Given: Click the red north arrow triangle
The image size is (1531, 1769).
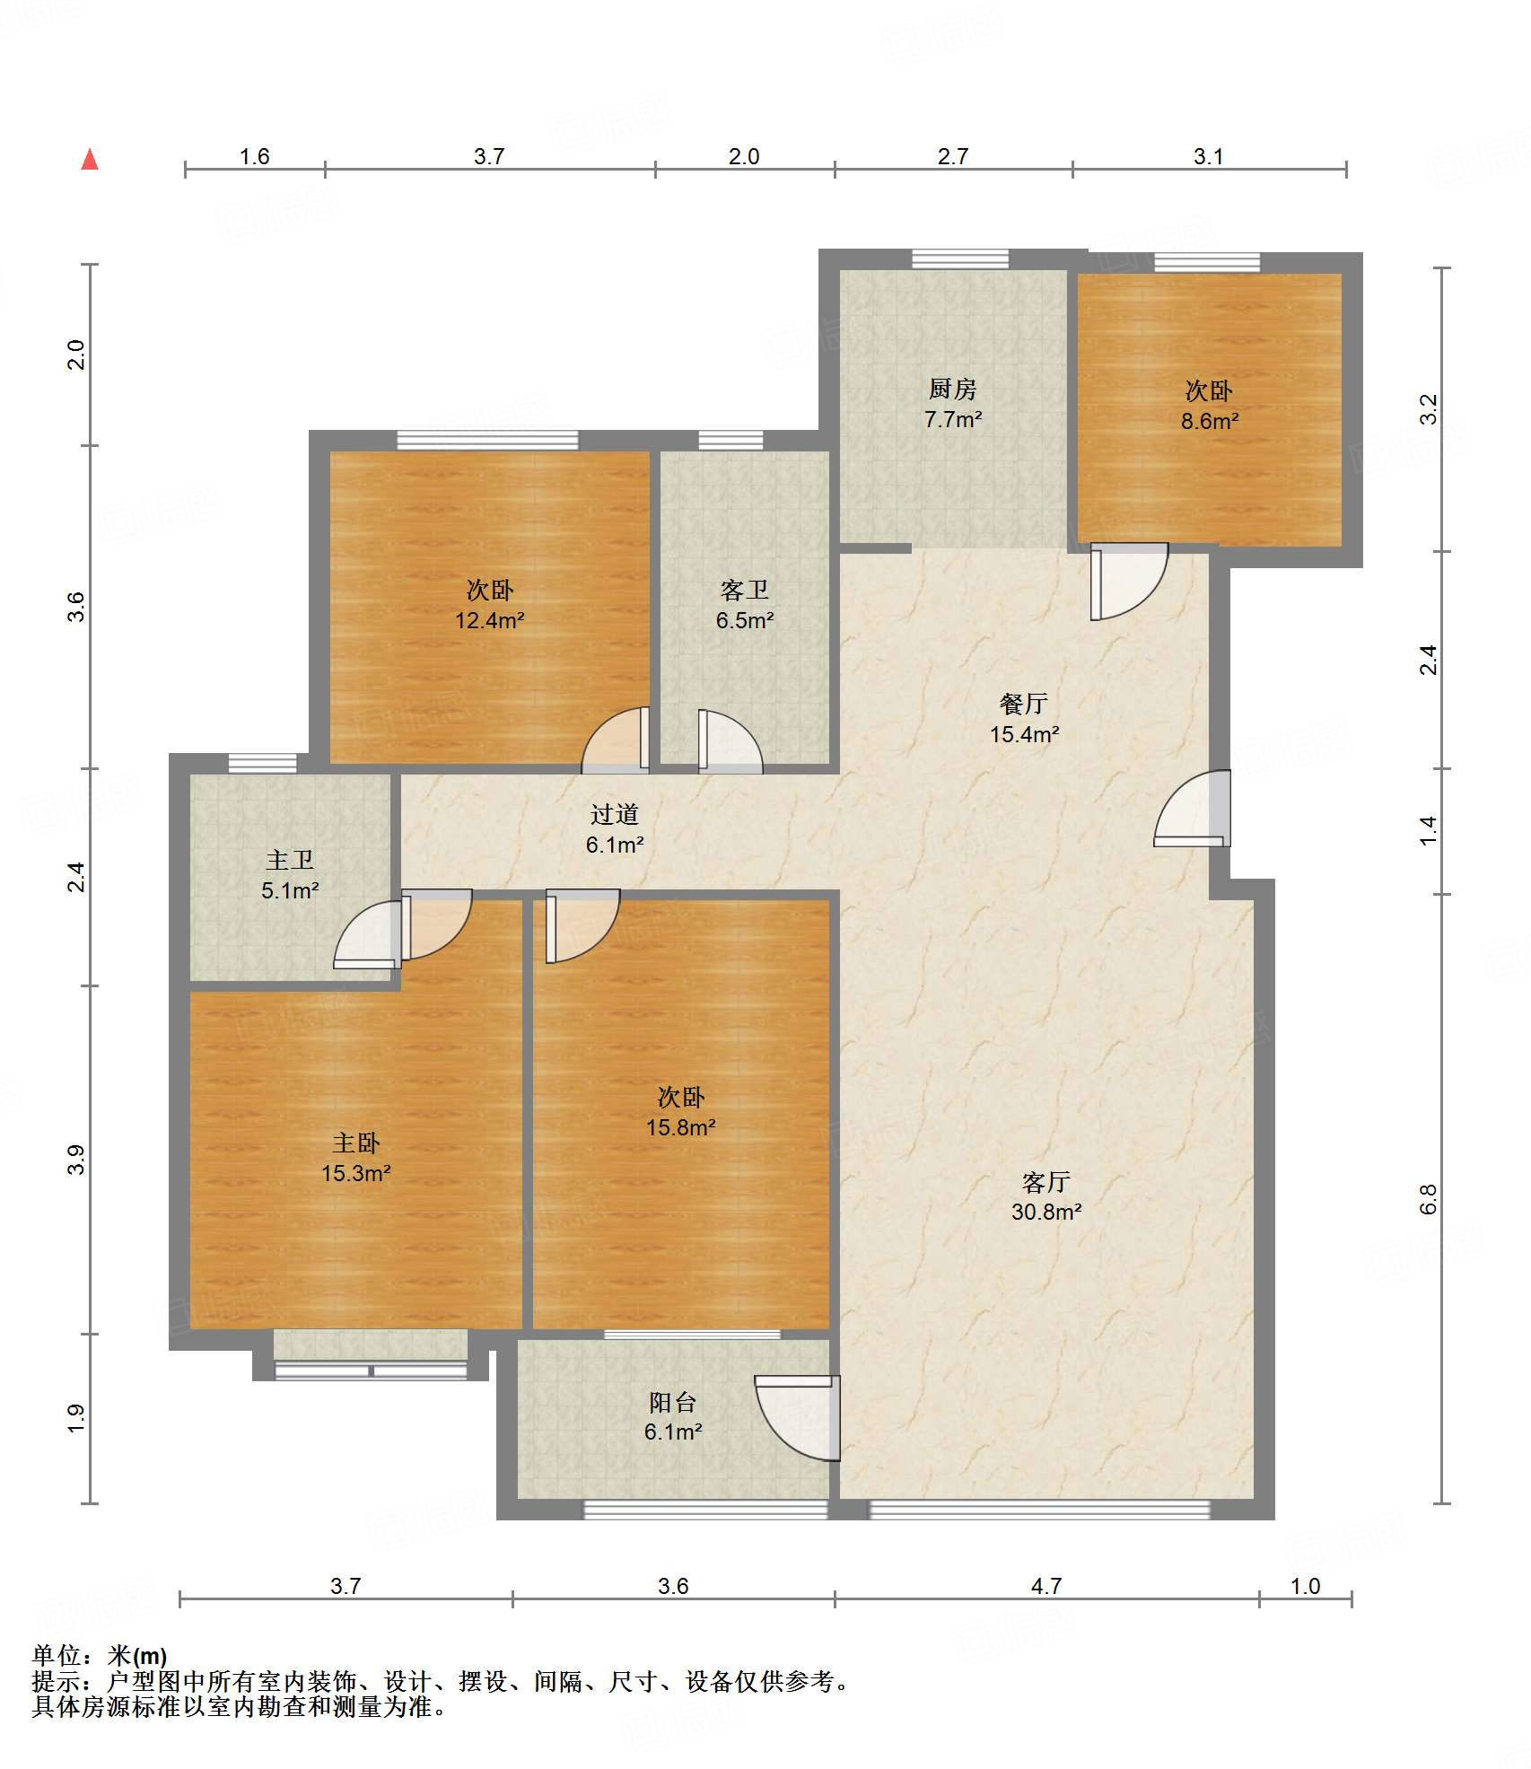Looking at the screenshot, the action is coord(90,160).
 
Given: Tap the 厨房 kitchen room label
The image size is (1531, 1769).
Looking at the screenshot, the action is coord(952,390).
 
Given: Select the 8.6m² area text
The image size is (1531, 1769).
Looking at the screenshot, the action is coord(1209,421).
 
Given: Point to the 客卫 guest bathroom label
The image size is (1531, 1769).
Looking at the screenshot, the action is coord(744,591).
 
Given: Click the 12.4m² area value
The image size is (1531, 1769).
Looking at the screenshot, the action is coord(489,620).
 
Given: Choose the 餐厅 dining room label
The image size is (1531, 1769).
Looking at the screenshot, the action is coord(1023,705).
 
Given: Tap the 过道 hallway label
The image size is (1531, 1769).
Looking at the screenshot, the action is coord(615,815).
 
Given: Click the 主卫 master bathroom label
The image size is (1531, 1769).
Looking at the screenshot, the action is coord(290,861).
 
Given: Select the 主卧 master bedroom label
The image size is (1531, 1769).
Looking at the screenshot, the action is coord(356,1143).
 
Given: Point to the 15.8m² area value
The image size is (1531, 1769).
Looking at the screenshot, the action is coord(681,1127).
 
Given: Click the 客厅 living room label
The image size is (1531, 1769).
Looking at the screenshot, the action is coord(1046,1182).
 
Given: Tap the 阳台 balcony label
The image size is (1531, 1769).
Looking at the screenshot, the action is coord(673,1402).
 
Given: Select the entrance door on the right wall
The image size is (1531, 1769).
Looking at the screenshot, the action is coord(1193,809).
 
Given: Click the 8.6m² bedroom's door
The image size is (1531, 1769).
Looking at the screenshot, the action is coord(1129,581).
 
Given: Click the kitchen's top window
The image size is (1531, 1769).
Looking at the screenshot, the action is coord(960,259).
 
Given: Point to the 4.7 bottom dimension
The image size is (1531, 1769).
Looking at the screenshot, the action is coord(1046,1586).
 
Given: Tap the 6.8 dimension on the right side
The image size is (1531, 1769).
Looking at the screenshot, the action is coord(1428,1199).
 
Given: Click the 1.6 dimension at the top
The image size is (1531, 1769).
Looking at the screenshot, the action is coord(254,156).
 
